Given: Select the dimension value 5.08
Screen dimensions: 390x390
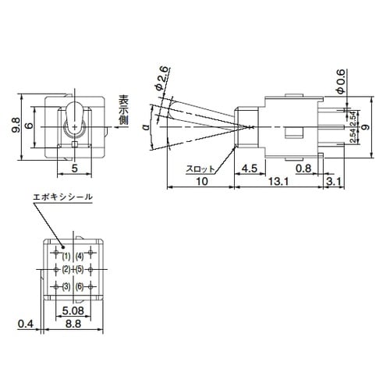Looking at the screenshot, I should coord(71,307).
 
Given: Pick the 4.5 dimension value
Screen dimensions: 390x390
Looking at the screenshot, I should coord(250,167).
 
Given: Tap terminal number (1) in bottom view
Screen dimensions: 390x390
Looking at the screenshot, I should coord(66,255).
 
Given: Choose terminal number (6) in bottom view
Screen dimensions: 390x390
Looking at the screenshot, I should coord(80,286).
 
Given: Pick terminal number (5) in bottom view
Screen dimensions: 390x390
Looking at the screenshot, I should coord(80,270).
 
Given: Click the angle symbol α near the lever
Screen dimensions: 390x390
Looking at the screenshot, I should coord(146,126).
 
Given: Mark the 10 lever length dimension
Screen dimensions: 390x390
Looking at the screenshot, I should coord(201,182).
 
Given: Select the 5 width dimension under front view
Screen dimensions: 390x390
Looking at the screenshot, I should coord(74,167).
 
